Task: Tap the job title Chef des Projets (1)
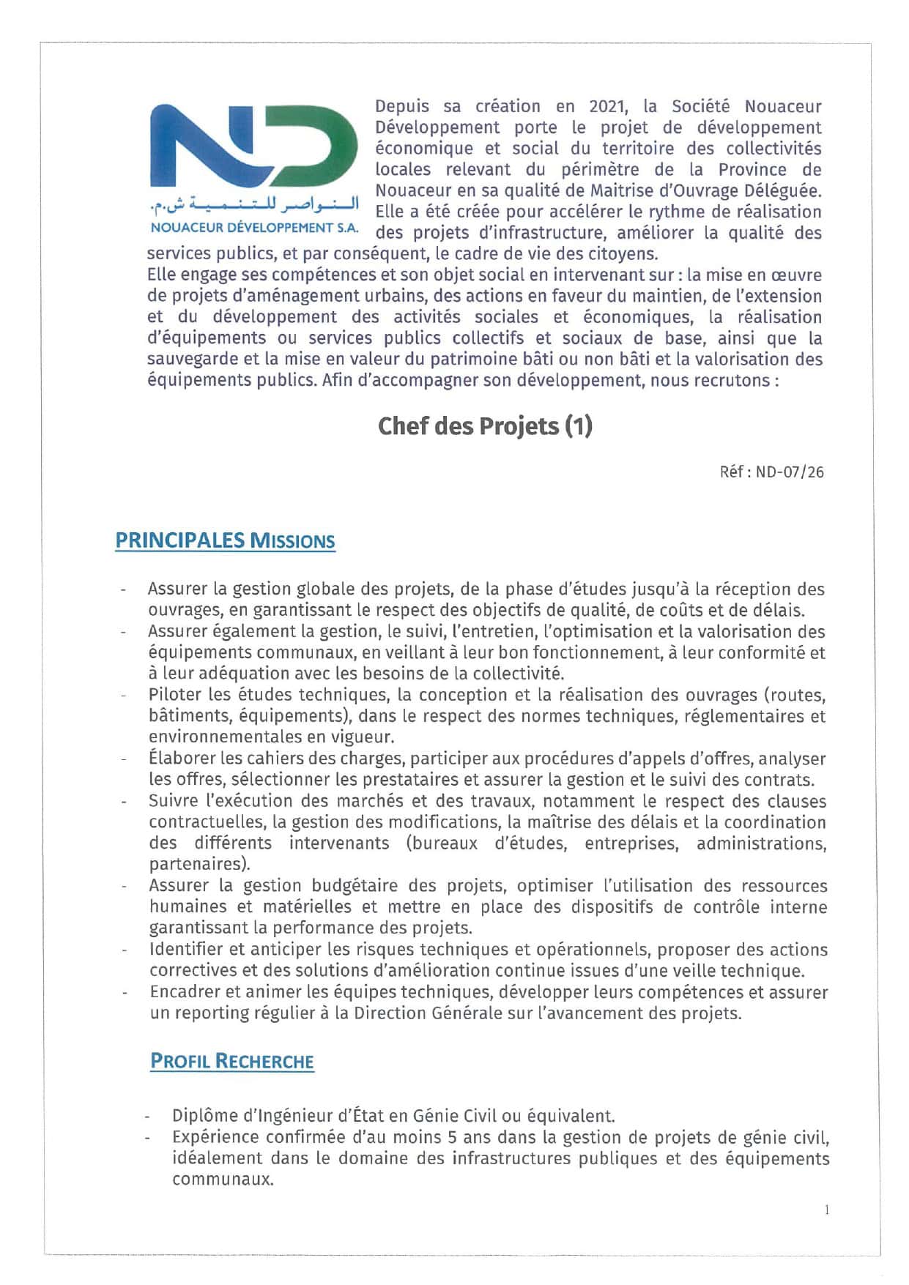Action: (x=484, y=426)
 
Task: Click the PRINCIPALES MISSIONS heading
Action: (x=225, y=541)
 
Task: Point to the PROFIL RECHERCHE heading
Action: (x=231, y=1061)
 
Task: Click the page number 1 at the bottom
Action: (x=827, y=1210)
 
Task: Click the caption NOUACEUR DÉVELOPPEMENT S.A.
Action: (x=254, y=228)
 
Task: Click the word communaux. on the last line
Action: (x=223, y=1180)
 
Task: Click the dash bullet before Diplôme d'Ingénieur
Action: (x=148, y=1117)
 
